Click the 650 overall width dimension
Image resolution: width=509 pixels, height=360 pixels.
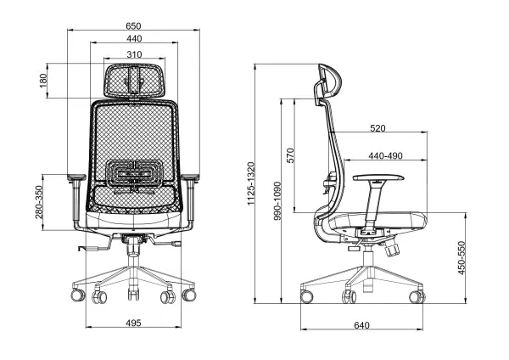[x=134, y=25]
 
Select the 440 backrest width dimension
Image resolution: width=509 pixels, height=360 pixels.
[x=134, y=40]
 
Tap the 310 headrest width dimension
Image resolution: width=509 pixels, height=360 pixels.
[x=134, y=54]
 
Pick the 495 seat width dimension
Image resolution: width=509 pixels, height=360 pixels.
[x=132, y=323]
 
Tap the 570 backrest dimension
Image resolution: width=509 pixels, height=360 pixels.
[x=290, y=155]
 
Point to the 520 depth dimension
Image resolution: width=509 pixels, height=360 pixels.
[x=378, y=128]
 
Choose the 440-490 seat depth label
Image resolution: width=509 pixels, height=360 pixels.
[x=385, y=156]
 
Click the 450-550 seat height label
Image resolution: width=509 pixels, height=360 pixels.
[x=462, y=258]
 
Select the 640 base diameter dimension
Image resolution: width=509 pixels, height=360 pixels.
[x=361, y=325]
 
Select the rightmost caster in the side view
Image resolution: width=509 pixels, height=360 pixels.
[x=417, y=296]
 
